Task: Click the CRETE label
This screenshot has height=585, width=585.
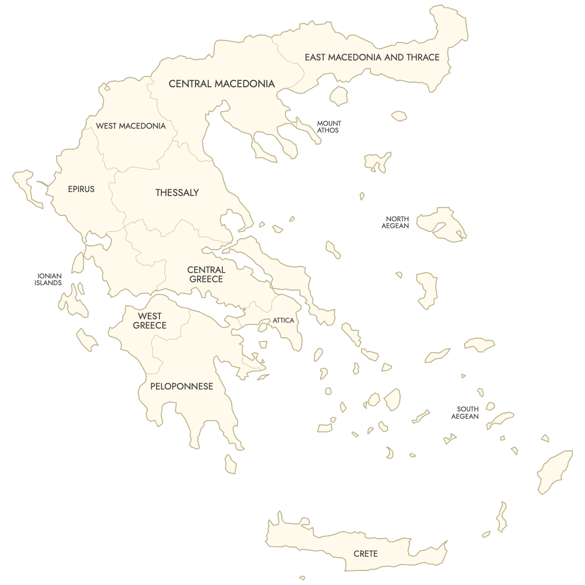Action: [x=366, y=554]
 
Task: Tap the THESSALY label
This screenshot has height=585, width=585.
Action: [x=177, y=193]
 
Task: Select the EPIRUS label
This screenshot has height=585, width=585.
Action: [x=81, y=189]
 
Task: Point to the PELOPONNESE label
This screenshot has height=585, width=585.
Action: [x=181, y=387]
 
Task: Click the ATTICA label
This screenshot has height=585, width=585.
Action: [x=283, y=320]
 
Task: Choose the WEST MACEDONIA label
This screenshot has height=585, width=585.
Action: [x=131, y=126]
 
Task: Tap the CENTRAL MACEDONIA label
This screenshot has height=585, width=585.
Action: [x=222, y=84]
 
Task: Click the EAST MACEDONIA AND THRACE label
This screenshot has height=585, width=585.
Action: [x=372, y=58]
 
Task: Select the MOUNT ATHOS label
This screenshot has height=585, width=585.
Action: [x=329, y=127]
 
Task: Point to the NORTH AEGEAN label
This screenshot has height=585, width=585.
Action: [x=396, y=222]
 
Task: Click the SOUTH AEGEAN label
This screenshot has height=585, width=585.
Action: [x=466, y=413]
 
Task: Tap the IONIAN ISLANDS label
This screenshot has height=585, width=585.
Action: [x=49, y=279]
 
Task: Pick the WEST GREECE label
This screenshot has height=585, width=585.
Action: [x=150, y=321]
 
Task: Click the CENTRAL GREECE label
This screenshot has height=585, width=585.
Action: [x=206, y=274]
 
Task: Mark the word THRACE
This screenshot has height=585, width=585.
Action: [x=423, y=58]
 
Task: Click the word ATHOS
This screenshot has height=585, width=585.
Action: [x=328, y=131]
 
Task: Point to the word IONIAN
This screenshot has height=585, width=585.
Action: [x=50, y=276]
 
